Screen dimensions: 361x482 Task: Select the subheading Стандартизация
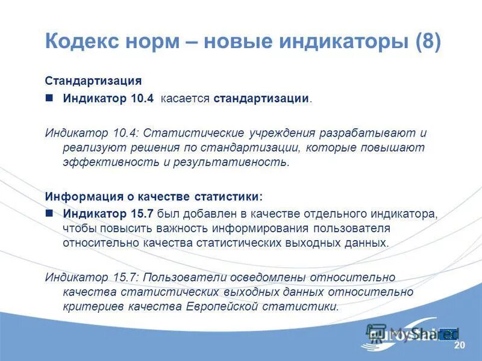pyautogui.click(x=93, y=81)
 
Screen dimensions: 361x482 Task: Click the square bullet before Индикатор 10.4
pyautogui.click(x=50, y=98)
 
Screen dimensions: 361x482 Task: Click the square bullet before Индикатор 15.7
pyautogui.click(x=50, y=213)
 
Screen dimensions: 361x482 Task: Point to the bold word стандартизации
pyautogui.click(x=261, y=98)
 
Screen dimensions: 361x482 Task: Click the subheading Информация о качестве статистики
pyautogui.click(x=154, y=197)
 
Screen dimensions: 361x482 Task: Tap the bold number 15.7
pyautogui.click(x=142, y=213)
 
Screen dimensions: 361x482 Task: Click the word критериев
pyautogui.click(x=93, y=306)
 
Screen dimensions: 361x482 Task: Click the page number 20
pyautogui.click(x=460, y=345)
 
